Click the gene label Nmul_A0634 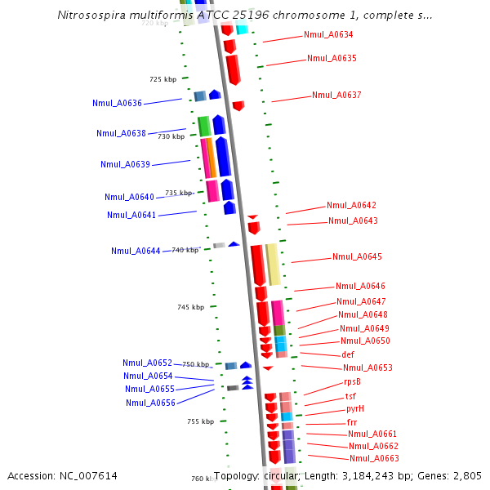[x=328, y=34]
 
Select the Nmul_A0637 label [x=336, y=95]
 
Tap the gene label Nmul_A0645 [x=357, y=256]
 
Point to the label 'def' [x=348, y=354]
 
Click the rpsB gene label [x=352, y=381]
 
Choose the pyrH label [x=355, y=408]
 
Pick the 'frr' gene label [x=352, y=422]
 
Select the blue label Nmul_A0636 [x=117, y=103]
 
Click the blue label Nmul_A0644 [x=136, y=251]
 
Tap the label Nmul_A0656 [x=150, y=402]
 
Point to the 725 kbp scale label [x=163, y=79]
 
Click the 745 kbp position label [x=190, y=307]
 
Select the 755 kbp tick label [x=200, y=421]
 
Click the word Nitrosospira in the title [x=91, y=16]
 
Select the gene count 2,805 [x=465, y=475]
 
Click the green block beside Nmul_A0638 [x=204, y=126]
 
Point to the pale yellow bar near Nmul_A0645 [x=274, y=264]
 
